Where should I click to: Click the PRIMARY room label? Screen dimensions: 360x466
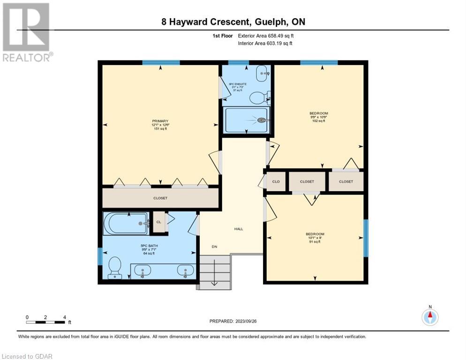[159, 121]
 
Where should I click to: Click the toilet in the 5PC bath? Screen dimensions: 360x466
[114, 269]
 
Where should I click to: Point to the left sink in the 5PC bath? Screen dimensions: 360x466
[143, 270]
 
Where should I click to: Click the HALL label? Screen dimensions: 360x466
[239, 229]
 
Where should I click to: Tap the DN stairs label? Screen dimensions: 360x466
[214, 247]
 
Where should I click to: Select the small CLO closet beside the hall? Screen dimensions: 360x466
[276, 181]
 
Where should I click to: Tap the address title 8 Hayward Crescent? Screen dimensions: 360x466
[232, 22]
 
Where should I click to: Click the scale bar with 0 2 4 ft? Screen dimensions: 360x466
[46, 322]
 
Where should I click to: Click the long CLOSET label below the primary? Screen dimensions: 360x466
[160, 198]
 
